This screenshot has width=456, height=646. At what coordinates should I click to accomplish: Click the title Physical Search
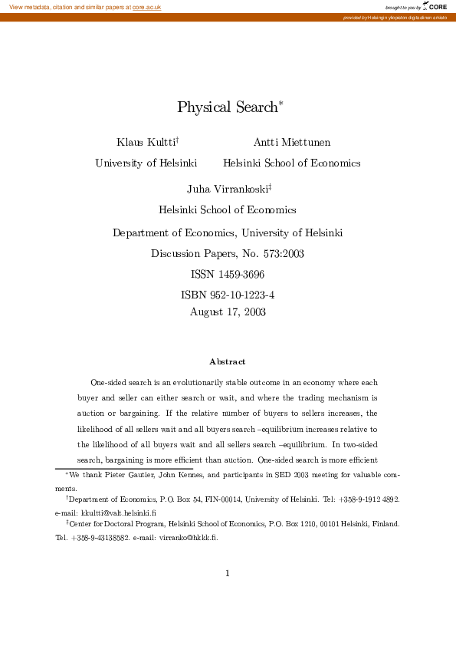(x=228, y=107)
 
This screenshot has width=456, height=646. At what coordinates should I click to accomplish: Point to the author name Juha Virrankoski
(x=228, y=189)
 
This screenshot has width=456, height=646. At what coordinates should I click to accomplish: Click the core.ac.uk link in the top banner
(x=146, y=7)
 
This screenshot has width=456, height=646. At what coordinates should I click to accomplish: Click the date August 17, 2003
(x=228, y=311)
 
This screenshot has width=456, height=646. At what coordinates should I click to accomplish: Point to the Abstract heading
(x=228, y=361)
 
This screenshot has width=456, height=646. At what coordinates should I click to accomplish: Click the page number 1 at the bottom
(x=228, y=572)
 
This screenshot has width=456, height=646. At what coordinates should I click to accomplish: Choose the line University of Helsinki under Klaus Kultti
(x=146, y=163)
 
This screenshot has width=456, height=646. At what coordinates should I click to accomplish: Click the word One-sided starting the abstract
(x=107, y=382)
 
